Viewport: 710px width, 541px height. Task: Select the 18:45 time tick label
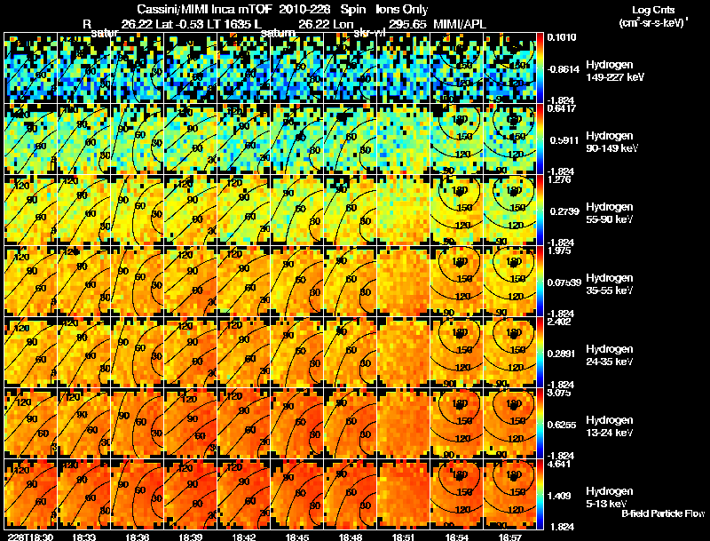tap(297, 537)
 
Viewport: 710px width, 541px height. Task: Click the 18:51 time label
tap(405, 537)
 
